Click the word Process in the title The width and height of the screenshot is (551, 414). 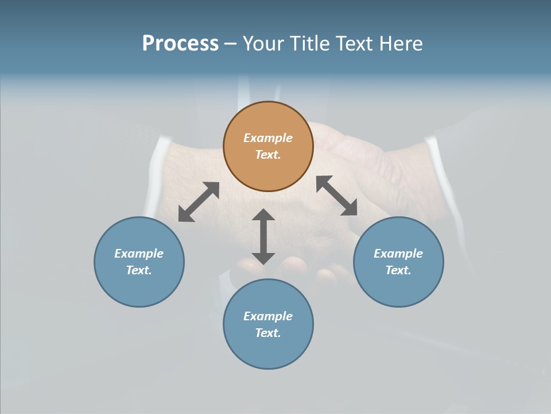[180, 44]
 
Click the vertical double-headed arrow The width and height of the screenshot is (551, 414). [263, 236]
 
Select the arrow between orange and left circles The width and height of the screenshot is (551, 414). [199, 202]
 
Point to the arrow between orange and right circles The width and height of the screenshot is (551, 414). [337, 195]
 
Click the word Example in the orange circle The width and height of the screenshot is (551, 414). [268, 138]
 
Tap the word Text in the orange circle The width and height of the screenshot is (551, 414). [268, 155]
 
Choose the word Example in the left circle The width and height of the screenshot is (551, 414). [139, 254]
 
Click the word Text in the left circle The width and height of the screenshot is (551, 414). [139, 270]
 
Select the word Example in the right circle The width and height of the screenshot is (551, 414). [398, 254]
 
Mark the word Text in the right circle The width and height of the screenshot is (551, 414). [398, 270]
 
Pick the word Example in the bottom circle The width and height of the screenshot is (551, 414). [268, 316]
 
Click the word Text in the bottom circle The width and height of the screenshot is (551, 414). [268, 333]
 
